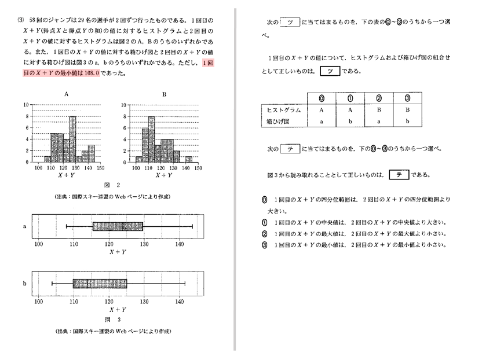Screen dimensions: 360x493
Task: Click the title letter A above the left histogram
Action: [67, 94]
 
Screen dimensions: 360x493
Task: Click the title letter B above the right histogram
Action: [164, 94]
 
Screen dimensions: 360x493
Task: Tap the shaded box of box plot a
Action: [118, 226]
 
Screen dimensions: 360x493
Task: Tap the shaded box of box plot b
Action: [100, 284]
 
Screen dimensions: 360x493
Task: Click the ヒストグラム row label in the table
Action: [283, 110]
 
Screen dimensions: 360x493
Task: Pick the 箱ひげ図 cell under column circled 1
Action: [350, 122]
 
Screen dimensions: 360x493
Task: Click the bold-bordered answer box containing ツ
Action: [330, 71]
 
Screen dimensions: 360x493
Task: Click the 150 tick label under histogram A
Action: [100, 167]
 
